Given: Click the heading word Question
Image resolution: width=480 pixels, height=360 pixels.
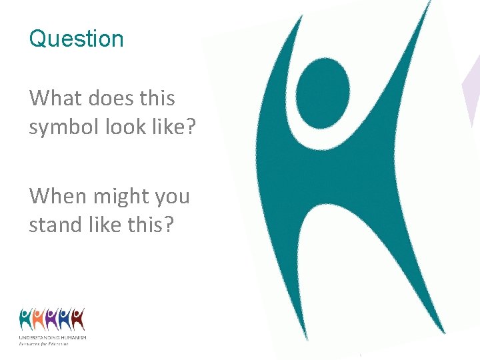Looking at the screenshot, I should [x=76, y=39].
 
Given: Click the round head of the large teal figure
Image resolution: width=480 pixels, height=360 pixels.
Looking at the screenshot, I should [x=323, y=91].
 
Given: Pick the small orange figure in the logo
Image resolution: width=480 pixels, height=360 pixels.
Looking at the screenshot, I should [x=39, y=319].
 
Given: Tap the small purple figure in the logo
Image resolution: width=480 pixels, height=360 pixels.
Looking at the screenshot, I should [x=52, y=319].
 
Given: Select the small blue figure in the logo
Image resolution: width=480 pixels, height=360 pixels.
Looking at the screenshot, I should [x=65, y=319].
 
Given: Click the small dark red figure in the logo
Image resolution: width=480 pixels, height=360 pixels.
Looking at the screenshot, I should [x=78, y=319].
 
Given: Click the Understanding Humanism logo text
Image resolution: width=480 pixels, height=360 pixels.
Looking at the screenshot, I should [x=53, y=339].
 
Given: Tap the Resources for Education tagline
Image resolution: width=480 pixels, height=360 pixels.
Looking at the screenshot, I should [x=44, y=344].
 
